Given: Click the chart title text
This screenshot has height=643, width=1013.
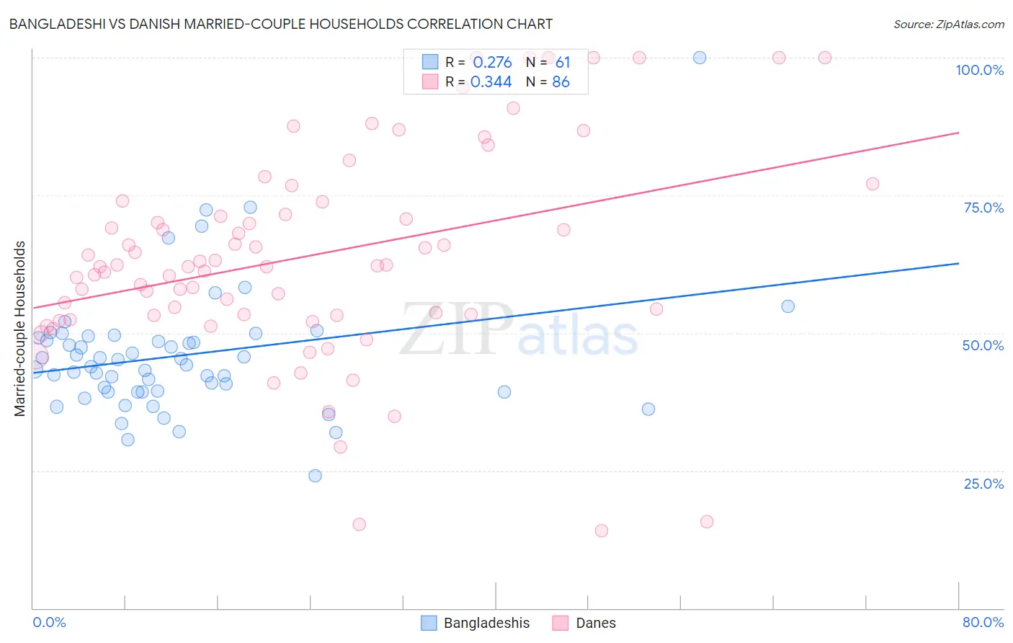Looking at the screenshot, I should click(x=281, y=24).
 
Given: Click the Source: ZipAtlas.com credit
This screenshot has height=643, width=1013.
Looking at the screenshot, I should click(x=948, y=25).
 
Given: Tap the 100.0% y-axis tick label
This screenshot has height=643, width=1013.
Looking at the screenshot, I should click(x=979, y=70).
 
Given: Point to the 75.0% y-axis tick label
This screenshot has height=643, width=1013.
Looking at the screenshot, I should click(x=983, y=208).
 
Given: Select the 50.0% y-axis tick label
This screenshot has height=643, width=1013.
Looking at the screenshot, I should click(x=983, y=345).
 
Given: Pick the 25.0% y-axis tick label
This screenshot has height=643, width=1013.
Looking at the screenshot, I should click(x=983, y=484).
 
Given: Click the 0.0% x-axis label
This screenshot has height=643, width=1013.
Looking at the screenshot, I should click(x=49, y=622).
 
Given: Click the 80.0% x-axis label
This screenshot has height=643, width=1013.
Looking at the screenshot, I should click(x=983, y=622).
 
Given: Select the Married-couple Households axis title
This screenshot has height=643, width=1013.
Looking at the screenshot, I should click(x=20, y=328).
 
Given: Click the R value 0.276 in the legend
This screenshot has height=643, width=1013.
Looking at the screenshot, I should click(x=492, y=63).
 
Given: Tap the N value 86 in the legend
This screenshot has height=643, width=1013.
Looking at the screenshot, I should click(x=561, y=82).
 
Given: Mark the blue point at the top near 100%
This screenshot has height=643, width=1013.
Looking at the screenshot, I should click(x=700, y=58).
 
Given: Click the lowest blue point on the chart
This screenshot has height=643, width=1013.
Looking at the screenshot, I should click(x=315, y=476).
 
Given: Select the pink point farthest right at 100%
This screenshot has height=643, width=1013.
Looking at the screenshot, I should click(x=825, y=58).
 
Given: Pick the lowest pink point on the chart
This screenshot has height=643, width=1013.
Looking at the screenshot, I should click(x=602, y=531).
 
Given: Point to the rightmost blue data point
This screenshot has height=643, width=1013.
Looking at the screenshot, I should click(x=788, y=306).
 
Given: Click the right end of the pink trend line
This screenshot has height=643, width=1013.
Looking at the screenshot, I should click(x=958, y=133).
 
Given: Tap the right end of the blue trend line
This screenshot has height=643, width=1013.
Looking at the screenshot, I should click(x=958, y=264).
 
